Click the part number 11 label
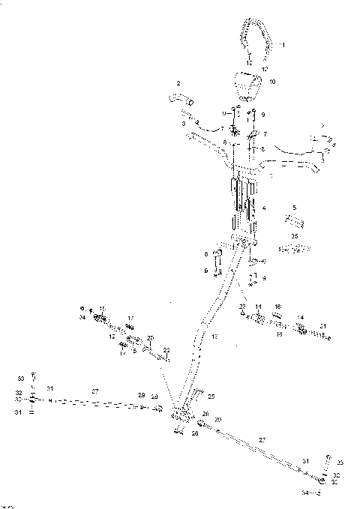click(x=282, y=46)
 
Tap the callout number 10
click(x=272, y=80)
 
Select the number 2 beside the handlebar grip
click(x=178, y=82)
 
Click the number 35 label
click(x=294, y=235)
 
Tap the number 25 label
click(x=211, y=396)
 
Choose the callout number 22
click(x=166, y=350)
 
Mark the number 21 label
click(x=322, y=327)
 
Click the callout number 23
click(x=241, y=307)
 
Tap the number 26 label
click(x=205, y=413)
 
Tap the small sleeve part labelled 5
click(x=294, y=222)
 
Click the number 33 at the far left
click(x=21, y=377)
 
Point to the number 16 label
click(x=277, y=307)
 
